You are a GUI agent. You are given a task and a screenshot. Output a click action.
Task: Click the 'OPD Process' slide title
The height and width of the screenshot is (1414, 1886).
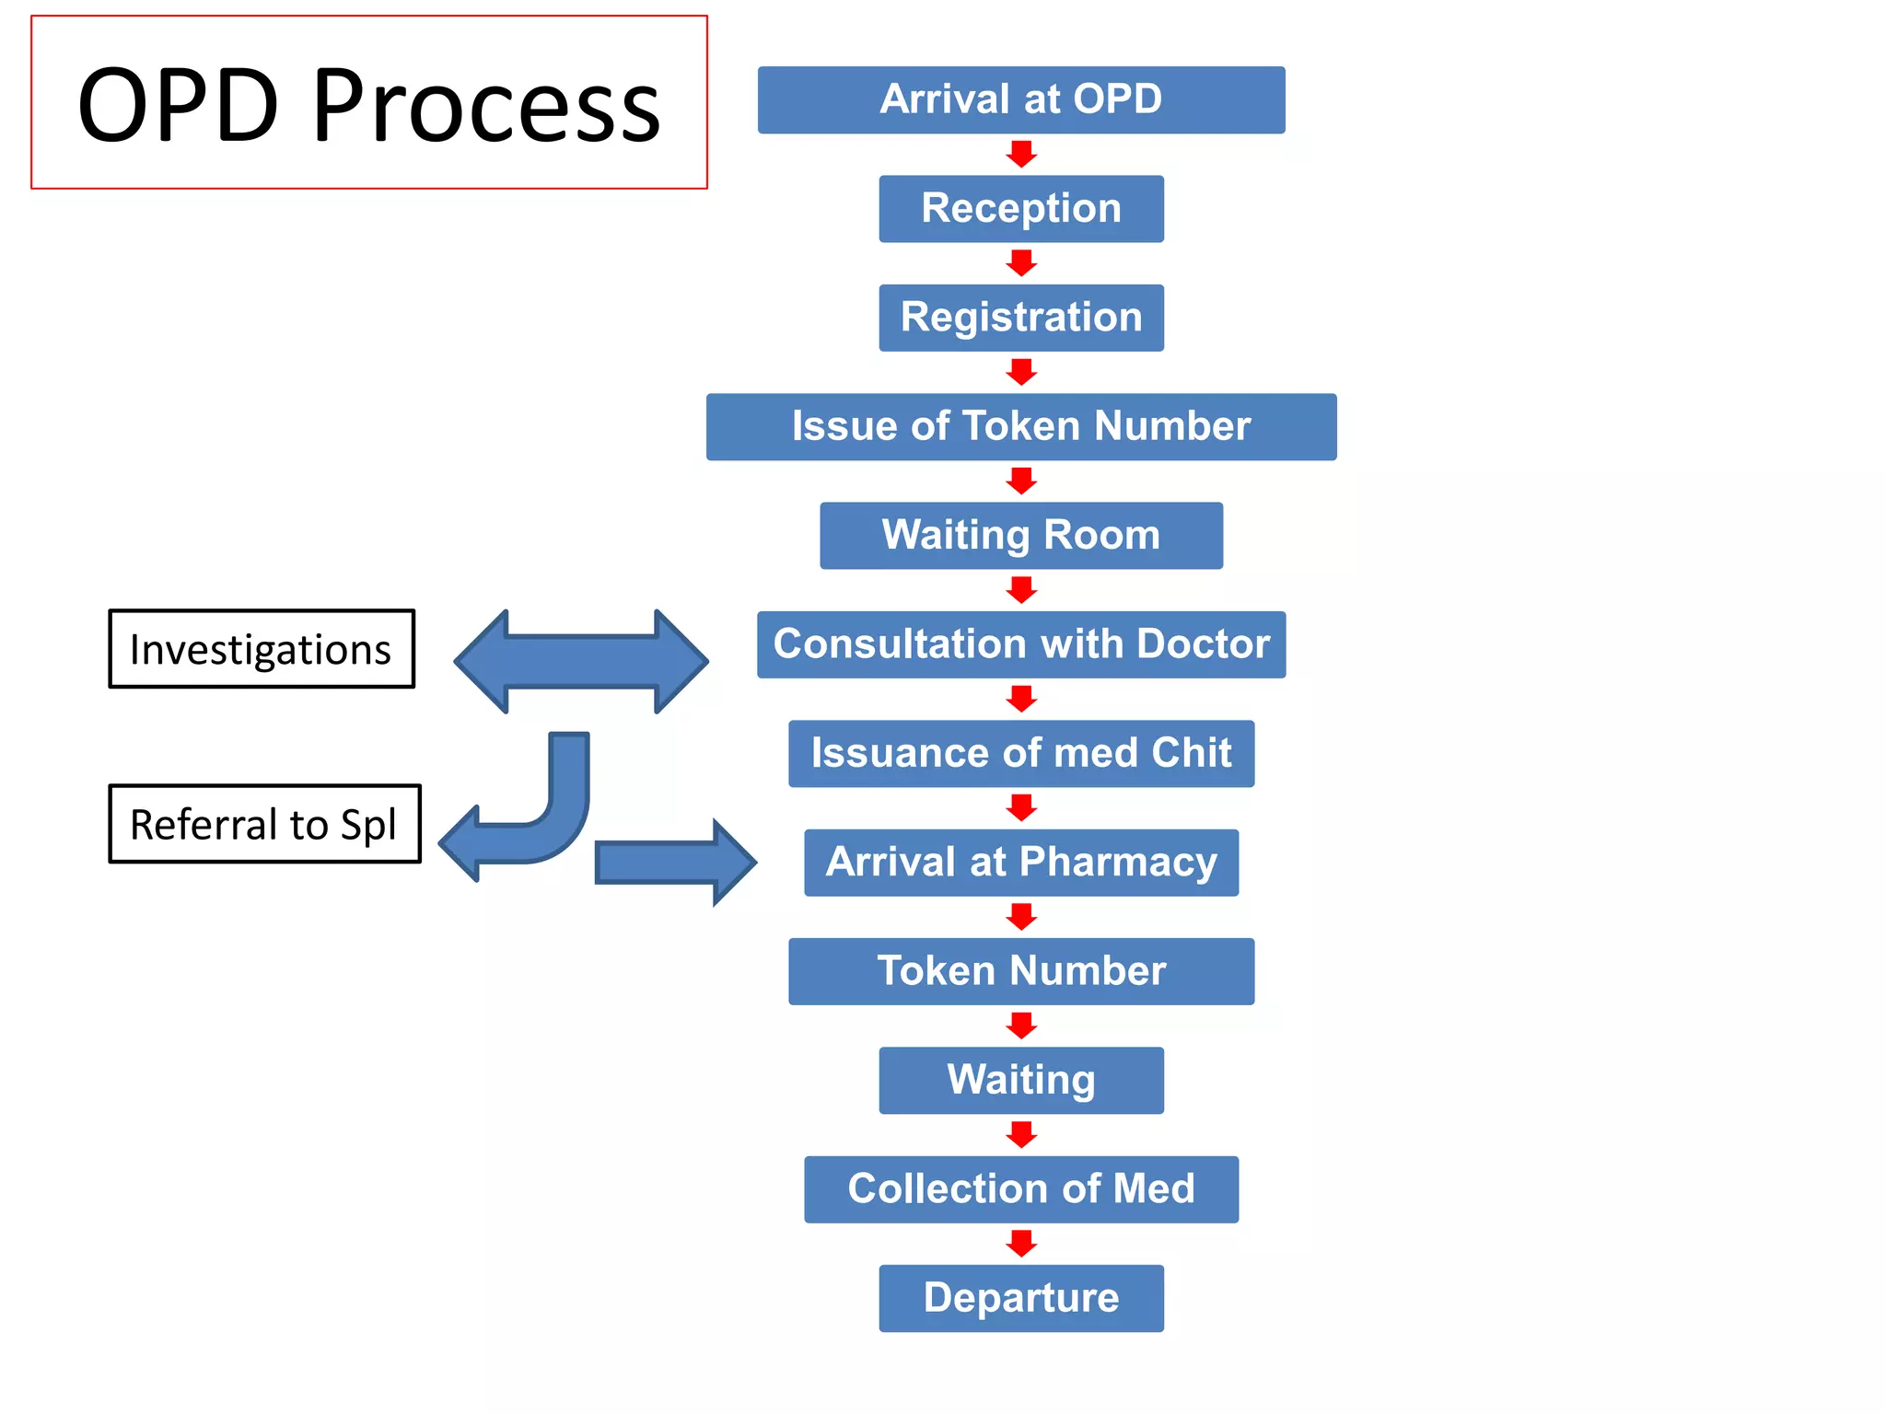(368, 103)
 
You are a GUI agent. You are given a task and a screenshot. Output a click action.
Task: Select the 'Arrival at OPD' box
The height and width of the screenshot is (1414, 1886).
(1020, 99)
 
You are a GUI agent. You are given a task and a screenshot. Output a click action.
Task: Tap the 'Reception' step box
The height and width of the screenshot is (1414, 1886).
(1020, 209)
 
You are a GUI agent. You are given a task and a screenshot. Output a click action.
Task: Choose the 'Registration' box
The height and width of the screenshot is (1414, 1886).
(1020, 318)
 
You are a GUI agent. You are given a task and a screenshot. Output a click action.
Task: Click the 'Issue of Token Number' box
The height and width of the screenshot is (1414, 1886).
(1020, 426)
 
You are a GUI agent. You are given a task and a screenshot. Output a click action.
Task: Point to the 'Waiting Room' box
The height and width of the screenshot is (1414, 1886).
(1020, 535)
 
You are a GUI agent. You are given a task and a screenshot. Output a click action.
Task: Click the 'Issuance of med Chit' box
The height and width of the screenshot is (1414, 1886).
(1020, 753)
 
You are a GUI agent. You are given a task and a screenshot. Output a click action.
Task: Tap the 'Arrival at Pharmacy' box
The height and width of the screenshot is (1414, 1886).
(1020, 862)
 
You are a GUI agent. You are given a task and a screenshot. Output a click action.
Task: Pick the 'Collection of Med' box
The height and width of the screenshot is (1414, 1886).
(1020, 1188)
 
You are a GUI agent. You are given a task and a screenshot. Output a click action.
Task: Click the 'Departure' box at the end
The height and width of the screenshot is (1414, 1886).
(1020, 1298)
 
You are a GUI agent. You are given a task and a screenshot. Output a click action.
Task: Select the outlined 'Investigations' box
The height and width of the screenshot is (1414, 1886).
(262, 649)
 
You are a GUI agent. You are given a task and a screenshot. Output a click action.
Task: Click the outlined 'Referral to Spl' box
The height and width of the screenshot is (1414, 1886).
(264, 824)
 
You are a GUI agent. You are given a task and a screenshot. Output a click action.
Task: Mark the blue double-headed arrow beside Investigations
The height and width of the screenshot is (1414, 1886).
(581, 661)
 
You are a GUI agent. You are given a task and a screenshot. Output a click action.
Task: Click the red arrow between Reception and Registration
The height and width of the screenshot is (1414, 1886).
(1021, 263)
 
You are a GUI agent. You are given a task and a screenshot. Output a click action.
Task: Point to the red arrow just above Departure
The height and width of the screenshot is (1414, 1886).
(1021, 1244)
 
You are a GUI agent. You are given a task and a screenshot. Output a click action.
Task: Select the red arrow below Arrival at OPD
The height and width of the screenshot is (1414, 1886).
(1021, 154)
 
